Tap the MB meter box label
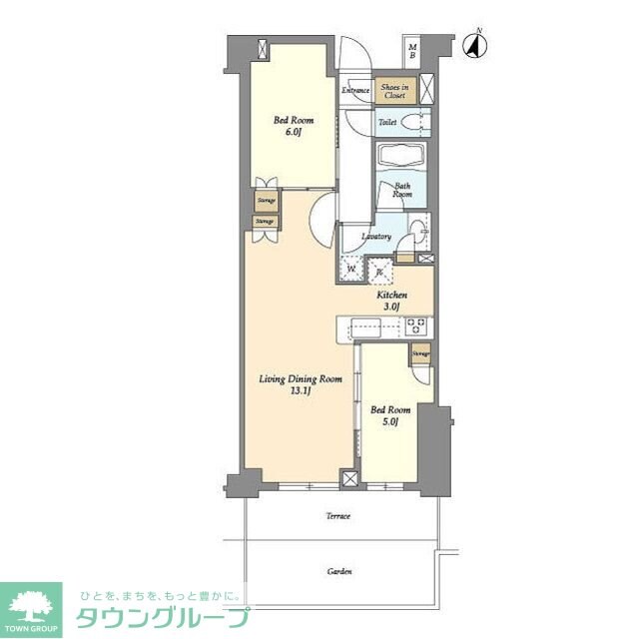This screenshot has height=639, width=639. tap(411, 50)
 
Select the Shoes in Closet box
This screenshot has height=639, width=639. tap(393, 92)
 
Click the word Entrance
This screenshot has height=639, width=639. tap(355, 92)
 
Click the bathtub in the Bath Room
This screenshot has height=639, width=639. tap(401, 158)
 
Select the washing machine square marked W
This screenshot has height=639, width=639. tap(351, 270)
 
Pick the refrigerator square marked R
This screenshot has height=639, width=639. tap(380, 270)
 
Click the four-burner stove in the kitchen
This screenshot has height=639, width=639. tap(417, 326)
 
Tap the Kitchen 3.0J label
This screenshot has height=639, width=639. tap(390, 302)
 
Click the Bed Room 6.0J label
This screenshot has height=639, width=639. tap(290, 127)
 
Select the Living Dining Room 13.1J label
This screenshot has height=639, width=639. tap(301, 385)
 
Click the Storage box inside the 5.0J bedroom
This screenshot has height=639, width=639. tap(421, 354)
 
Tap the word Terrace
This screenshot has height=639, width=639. tap(337, 515)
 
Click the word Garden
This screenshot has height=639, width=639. tap(338, 572)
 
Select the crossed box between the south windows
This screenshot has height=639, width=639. tap(348, 479)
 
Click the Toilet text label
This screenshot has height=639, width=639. tap(387, 122)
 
